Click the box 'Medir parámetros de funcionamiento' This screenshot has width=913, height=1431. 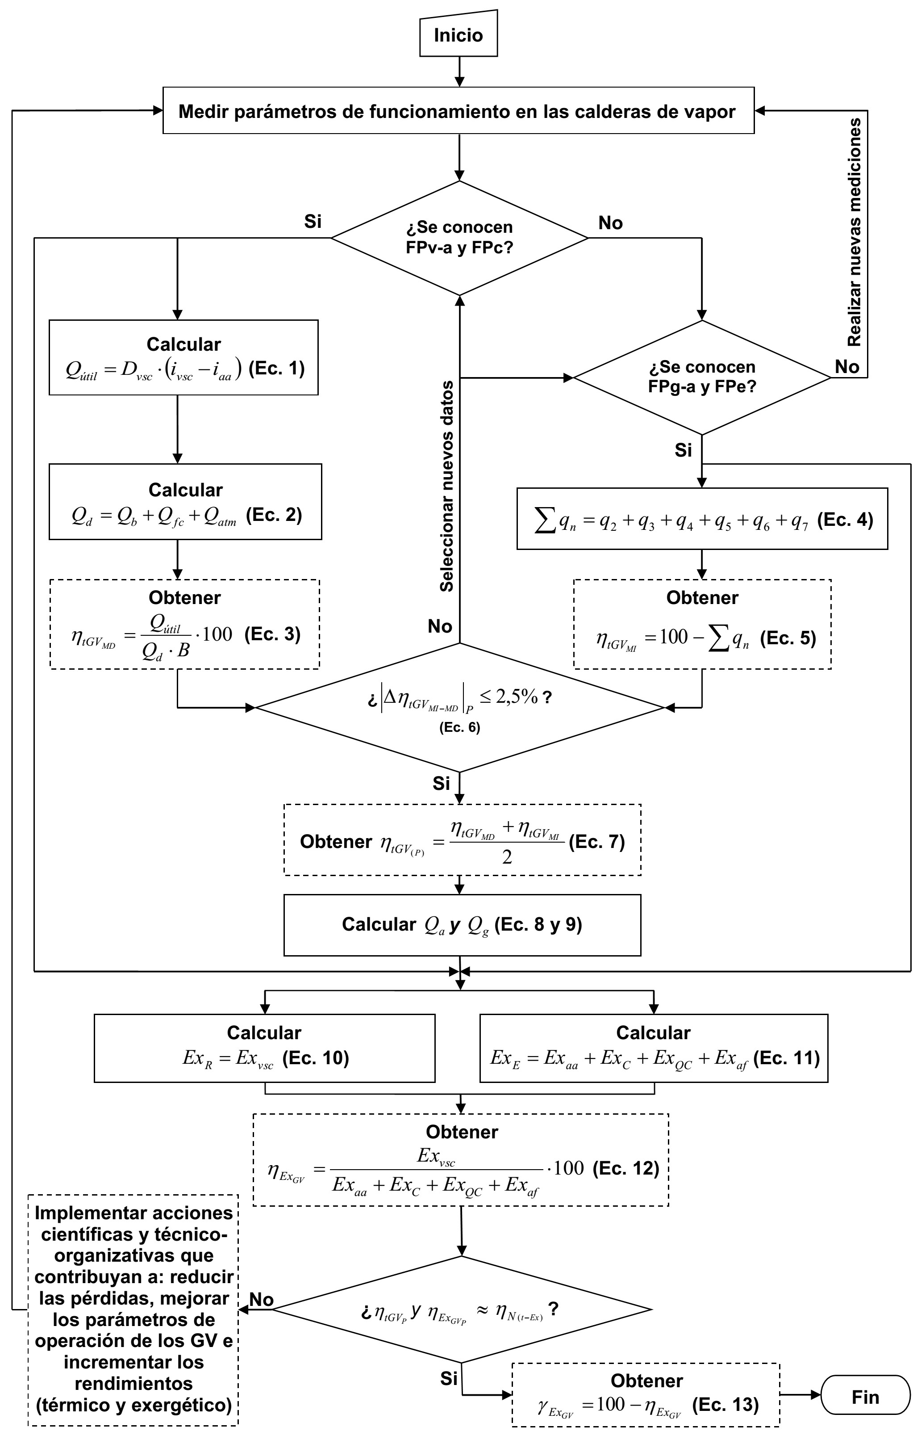click(x=458, y=111)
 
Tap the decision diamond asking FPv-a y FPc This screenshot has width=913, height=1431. click(x=459, y=238)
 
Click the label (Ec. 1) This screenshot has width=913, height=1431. click(x=276, y=369)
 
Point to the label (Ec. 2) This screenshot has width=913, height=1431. click(x=274, y=515)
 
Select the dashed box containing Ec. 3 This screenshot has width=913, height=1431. click(x=185, y=624)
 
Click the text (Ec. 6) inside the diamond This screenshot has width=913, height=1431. click(x=459, y=727)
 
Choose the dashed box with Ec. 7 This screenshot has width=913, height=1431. click(x=462, y=840)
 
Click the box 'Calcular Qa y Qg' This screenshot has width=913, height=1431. click(x=462, y=925)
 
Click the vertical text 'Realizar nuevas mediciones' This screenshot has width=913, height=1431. click(x=854, y=232)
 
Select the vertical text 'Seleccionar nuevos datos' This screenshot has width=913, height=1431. click(x=447, y=486)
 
